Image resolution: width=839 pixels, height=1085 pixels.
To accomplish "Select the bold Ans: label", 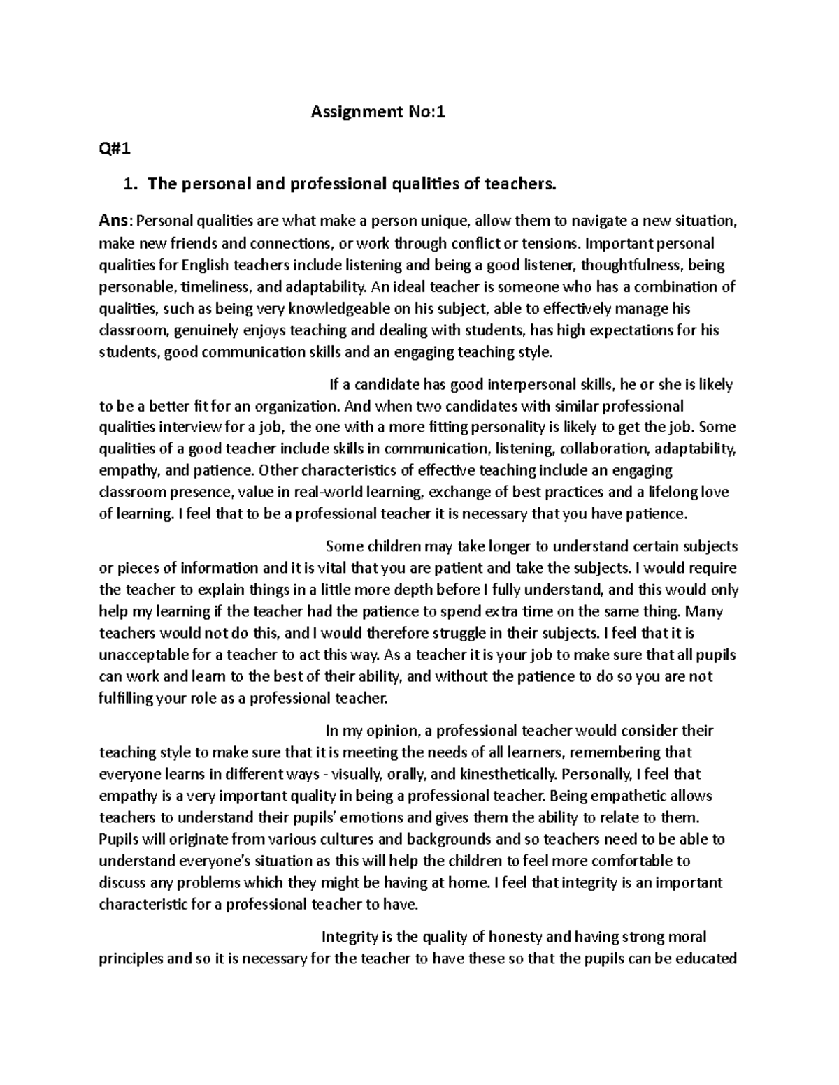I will (115, 221).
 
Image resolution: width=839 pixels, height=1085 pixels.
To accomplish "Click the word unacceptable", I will (144, 656).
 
